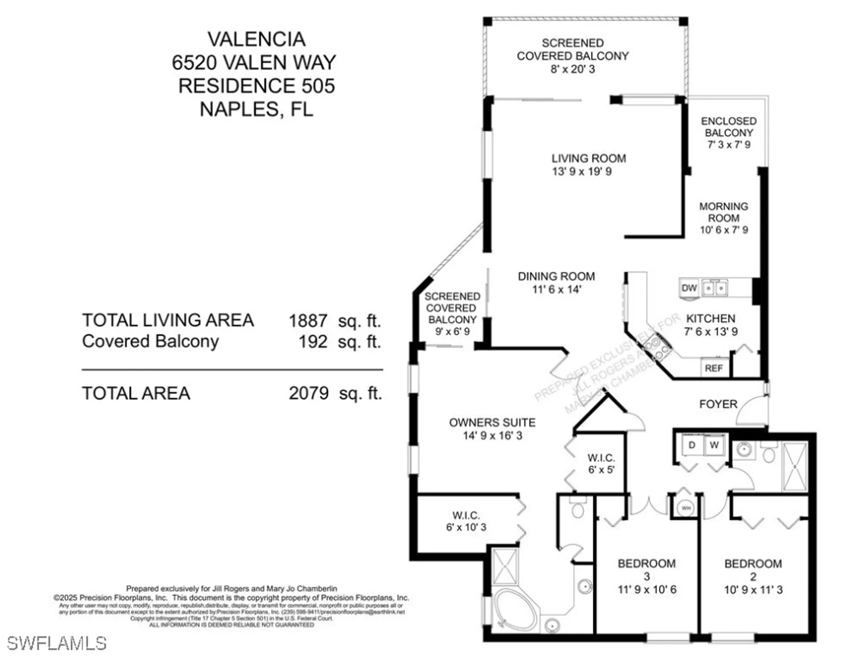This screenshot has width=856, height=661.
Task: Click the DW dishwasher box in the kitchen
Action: point(689,288)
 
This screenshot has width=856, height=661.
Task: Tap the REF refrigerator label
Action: point(714,368)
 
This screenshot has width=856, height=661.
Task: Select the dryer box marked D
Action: point(692,445)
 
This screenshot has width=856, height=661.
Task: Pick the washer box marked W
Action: point(714,445)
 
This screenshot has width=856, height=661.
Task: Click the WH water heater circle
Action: point(686,508)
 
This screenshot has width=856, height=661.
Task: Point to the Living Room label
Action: point(589,159)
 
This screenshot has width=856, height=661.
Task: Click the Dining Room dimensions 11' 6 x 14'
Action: point(556,290)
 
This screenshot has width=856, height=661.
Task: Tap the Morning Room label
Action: point(723,212)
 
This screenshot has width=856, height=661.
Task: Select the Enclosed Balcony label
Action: point(729,127)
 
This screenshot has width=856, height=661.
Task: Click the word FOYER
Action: point(718,404)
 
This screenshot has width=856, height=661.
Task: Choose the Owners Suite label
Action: point(492,423)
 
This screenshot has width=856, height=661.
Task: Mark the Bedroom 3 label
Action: point(646,569)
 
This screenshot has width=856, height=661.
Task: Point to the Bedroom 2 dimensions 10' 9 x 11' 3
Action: point(753,590)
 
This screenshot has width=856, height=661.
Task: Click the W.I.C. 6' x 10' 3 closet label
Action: point(466,521)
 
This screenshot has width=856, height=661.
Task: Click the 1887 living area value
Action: point(308,321)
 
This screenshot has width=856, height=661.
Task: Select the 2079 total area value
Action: point(308,393)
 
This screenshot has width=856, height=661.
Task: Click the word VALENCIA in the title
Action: point(256,39)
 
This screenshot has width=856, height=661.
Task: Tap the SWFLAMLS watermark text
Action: point(57,643)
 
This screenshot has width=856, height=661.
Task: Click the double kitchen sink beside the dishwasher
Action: point(714,288)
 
